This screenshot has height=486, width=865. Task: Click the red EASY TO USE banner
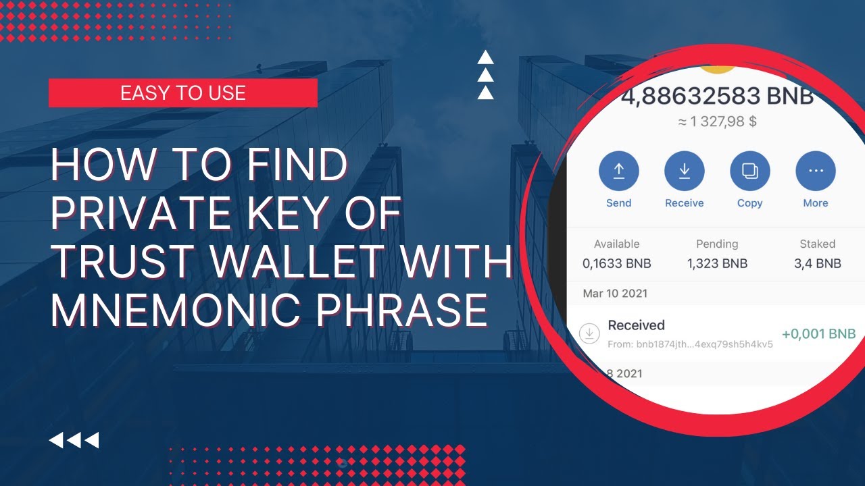183,93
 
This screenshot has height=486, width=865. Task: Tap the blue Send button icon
618,171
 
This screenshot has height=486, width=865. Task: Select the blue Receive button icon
685,171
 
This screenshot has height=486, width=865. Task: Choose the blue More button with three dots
816,171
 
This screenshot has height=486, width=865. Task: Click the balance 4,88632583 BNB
718,96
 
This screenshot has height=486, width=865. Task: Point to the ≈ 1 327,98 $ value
717,122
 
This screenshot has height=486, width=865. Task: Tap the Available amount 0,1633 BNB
617,263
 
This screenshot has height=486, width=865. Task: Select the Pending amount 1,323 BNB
717,263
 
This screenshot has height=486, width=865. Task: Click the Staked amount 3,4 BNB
818,263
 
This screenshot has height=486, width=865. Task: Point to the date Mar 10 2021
615,294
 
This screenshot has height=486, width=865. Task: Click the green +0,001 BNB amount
818,333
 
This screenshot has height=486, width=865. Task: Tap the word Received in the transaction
636,325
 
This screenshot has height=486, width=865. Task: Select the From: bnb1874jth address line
690,344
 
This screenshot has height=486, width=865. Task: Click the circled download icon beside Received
589,333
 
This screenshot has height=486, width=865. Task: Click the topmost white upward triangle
485,57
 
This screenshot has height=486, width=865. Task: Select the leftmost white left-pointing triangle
56,440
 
